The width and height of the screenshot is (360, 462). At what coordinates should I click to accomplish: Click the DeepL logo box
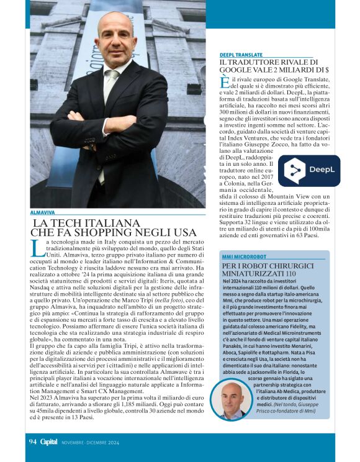(x=308, y=171)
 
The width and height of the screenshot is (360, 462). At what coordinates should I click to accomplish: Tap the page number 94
(x=33, y=442)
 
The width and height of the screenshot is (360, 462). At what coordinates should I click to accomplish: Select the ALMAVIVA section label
(x=42, y=213)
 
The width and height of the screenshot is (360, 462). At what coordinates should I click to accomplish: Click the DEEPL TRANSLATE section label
(x=241, y=55)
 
